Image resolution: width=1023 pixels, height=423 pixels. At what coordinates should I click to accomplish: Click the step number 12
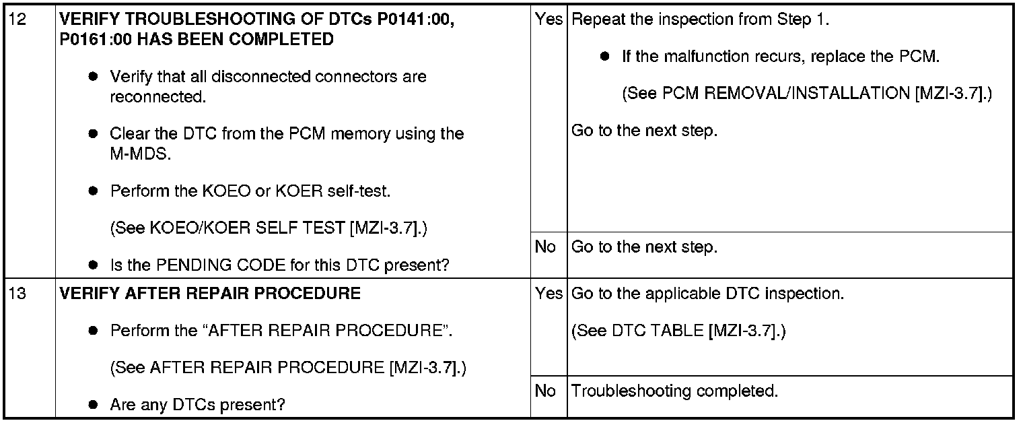click(20, 20)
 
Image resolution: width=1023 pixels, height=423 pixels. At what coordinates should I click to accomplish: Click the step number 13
click(20, 294)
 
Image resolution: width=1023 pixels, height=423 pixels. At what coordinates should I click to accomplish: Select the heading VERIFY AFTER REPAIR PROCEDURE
click(210, 294)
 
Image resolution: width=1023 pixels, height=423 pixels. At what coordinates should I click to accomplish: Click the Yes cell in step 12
click(549, 20)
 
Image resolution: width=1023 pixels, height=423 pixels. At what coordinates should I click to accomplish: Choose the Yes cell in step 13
click(549, 294)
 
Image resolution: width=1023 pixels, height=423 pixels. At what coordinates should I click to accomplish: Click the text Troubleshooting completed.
click(674, 391)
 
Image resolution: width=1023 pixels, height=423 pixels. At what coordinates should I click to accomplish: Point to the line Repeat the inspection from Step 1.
click(700, 20)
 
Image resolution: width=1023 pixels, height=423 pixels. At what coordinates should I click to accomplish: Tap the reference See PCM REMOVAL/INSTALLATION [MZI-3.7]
click(807, 94)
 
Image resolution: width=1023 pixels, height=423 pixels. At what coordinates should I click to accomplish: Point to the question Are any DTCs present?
click(198, 405)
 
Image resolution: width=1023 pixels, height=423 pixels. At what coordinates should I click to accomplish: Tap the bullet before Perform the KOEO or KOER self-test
click(94, 191)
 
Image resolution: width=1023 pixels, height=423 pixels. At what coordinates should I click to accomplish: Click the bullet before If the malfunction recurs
click(605, 57)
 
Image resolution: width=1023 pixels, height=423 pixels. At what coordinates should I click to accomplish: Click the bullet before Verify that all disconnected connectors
click(94, 77)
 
